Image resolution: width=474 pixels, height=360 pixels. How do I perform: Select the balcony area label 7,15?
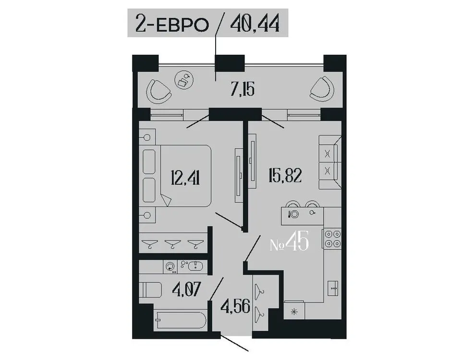click(242, 89)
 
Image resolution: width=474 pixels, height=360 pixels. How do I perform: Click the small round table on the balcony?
click(183, 79)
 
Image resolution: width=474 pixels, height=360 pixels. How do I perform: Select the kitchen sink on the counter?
click(334, 288)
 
